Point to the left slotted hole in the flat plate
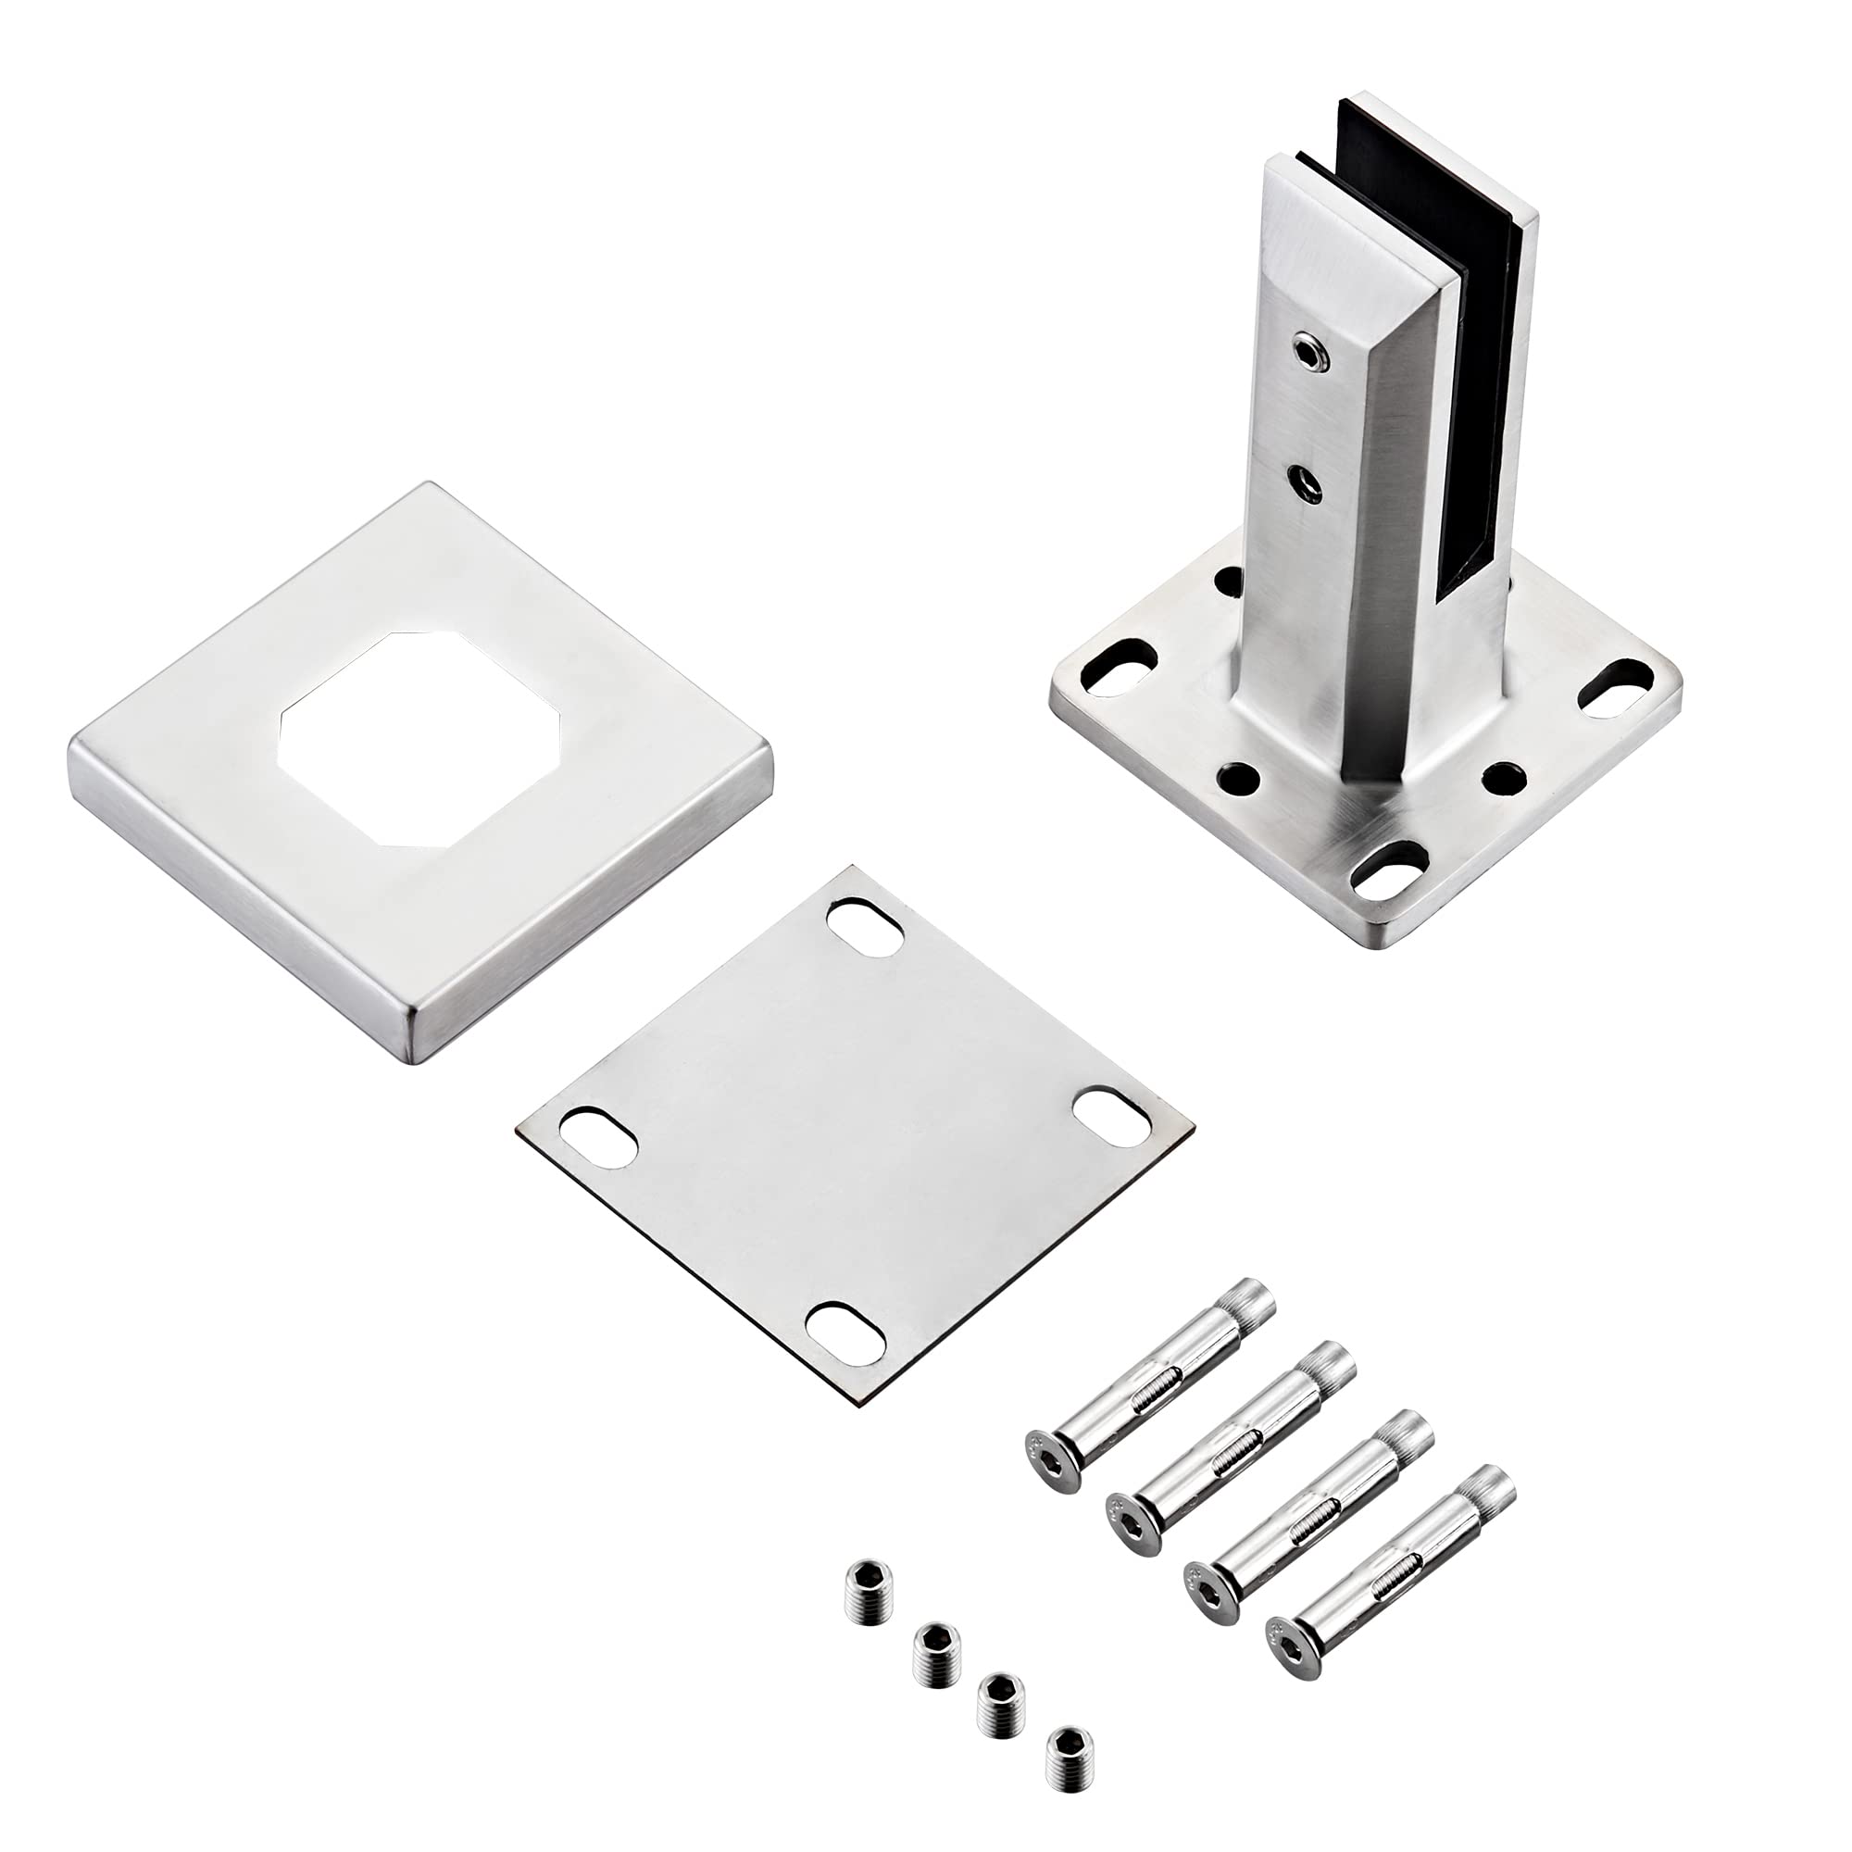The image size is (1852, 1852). (596, 1140)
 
